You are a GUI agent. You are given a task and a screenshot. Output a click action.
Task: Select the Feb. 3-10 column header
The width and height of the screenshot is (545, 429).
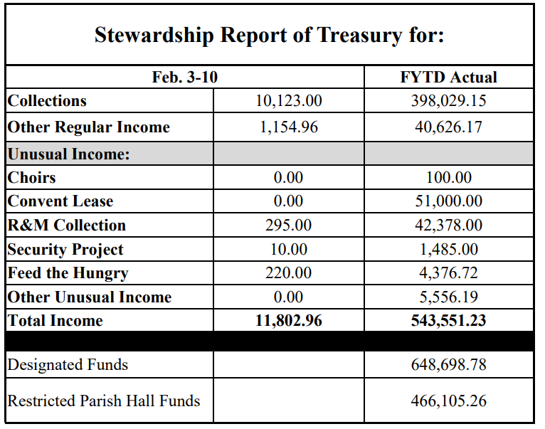pyautogui.click(x=185, y=77)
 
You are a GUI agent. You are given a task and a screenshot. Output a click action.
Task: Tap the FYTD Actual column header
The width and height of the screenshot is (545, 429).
pyautogui.click(x=448, y=77)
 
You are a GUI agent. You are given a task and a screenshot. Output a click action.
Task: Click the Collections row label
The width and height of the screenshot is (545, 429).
pyautogui.click(x=47, y=101)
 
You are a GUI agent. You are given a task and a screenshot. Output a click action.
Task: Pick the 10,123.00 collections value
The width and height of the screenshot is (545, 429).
pyautogui.click(x=288, y=101)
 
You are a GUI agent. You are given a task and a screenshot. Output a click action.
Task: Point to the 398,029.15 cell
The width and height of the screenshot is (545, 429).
pyautogui.click(x=448, y=101)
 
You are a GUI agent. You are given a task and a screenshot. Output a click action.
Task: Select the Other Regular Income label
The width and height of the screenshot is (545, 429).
pyautogui.click(x=89, y=127)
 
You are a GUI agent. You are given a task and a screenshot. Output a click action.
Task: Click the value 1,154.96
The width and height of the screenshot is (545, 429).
pyautogui.click(x=288, y=127)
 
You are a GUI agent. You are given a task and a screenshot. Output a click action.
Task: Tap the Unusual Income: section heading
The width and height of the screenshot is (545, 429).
pyautogui.click(x=69, y=154)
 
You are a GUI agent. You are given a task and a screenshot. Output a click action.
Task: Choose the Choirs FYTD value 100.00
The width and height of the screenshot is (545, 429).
pyautogui.click(x=448, y=177)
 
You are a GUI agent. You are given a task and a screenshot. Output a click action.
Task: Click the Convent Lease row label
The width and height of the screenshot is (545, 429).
pyautogui.click(x=60, y=201)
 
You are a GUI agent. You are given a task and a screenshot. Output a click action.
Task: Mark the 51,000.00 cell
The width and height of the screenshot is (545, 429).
pyautogui.click(x=448, y=201)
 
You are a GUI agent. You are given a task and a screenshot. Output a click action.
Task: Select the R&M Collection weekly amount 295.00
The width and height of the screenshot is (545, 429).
pyautogui.click(x=288, y=226)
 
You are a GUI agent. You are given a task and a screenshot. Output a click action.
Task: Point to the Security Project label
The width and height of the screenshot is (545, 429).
pyautogui.click(x=65, y=250)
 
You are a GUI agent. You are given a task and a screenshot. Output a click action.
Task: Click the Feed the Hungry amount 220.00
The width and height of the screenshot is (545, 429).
pyautogui.click(x=288, y=273)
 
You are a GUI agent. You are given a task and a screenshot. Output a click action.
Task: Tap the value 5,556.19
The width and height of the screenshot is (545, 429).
pyautogui.click(x=448, y=297)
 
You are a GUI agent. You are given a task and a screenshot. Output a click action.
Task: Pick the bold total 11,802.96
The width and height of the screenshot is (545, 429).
pyautogui.click(x=288, y=321)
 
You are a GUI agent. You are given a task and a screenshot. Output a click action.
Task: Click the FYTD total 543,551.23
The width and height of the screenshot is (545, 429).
pyautogui.click(x=448, y=321)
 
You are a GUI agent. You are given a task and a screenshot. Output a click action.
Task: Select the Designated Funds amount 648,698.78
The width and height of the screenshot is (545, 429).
pyautogui.click(x=448, y=365)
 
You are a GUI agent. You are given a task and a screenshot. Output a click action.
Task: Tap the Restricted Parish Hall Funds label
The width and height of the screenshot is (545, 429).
pyautogui.click(x=104, y=401)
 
